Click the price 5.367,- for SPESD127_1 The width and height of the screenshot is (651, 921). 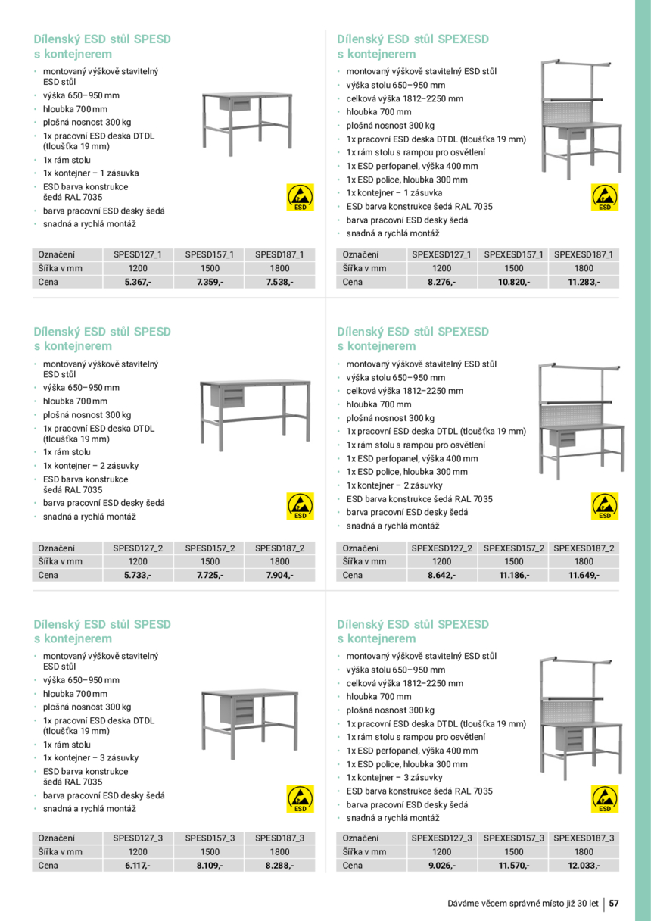[x=138, y=282]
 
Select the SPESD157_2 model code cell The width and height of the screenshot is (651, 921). [x=210, y=548]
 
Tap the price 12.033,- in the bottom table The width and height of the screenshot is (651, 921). [x=584, y=865]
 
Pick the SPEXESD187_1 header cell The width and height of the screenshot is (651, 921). [x=584, y=254]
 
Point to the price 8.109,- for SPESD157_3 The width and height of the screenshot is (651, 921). [x=210, y=865]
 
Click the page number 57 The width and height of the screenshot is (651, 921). [x=614, y=904]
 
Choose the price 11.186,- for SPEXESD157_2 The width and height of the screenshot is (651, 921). [x=514, y=575]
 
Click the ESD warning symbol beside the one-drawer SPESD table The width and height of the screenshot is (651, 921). [x=301, y=197]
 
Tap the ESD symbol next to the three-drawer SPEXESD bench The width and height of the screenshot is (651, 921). [x=605, y=799]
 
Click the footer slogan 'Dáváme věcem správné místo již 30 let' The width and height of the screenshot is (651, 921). [x=522, y=904]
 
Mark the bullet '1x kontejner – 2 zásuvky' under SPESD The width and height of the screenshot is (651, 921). [x=91, y=466]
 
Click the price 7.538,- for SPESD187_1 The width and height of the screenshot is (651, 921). [x=279, y=282]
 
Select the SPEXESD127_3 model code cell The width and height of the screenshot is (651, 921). [x=441, y=838]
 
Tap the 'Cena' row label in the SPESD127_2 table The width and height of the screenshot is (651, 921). [x=48, y=575]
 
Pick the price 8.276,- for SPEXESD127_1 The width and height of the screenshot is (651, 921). [x=441, y=282]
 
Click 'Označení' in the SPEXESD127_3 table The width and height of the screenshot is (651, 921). [x=360, y=838]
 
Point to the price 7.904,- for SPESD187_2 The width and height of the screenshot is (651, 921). [x=279, y=575]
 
